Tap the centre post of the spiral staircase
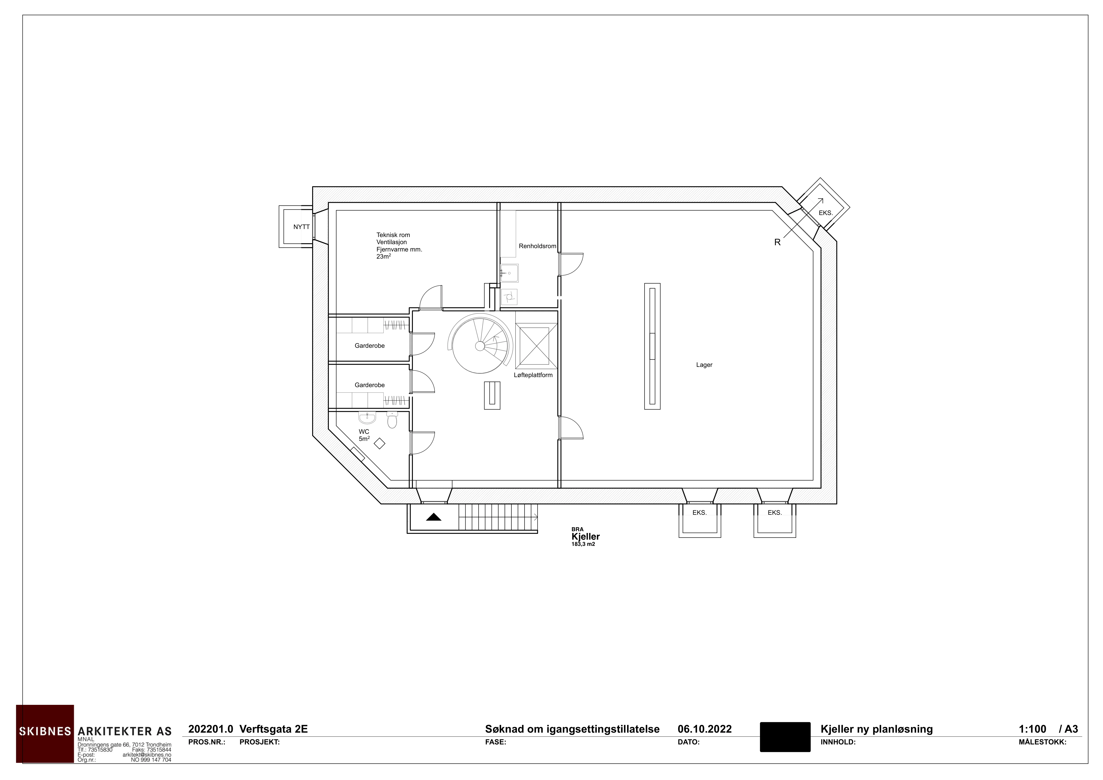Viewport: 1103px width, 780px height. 479,346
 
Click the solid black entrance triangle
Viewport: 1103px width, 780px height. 434,517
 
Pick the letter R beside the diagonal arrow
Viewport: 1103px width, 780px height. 777,243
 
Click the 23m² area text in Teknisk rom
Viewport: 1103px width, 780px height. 383,256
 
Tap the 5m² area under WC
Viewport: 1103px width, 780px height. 364,438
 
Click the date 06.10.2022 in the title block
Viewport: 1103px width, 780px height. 704,729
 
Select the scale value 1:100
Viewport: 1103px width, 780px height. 1032,729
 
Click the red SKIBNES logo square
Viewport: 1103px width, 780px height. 45,733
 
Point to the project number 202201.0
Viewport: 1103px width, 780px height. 210,729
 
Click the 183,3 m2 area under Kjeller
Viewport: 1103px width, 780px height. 583,544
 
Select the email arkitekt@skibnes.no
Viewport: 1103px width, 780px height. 147,755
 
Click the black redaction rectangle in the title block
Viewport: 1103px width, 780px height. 785,737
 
